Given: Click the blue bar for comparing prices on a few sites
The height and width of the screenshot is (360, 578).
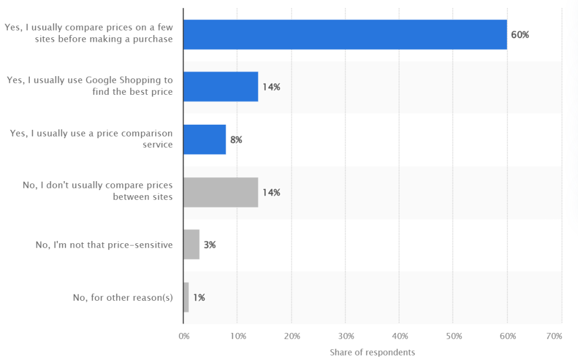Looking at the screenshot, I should [x=345, y=34].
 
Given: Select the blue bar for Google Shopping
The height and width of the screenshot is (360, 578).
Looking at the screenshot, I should [x=221, y=87].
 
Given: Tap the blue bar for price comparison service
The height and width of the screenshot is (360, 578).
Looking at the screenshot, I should [x=204, y=139].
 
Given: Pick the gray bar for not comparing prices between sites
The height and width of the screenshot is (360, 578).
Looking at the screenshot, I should [x=221, y=192].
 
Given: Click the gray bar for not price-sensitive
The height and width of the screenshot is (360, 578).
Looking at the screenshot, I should [x=191, y=244].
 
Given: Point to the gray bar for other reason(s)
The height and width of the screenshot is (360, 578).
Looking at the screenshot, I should [x=186, y=297].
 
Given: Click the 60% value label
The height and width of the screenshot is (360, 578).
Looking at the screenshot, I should [x=520, y=35].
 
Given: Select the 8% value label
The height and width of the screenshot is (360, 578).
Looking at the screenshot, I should [x=235, y=140].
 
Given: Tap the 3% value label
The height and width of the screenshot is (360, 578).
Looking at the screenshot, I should [x=209, y=245].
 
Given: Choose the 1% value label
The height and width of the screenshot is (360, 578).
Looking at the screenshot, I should [x=198, y=297].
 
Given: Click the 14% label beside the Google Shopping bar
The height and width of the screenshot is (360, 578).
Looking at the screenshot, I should [x=271, y=87].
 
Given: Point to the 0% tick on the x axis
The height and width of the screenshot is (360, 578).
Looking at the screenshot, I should [x=183, y=336].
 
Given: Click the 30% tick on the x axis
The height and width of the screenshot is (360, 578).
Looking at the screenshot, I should [x=345, y=336].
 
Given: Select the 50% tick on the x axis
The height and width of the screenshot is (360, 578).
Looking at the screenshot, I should [x=454, y=336].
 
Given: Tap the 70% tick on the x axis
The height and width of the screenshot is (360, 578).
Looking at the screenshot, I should [x=554, y=336].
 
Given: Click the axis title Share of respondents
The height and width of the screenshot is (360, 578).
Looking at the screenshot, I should [x=372, y=352].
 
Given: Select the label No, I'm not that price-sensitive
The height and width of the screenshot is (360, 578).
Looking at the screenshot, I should [x=104, y=245].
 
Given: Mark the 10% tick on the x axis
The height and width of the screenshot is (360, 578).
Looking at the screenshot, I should [x=237, y=336].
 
